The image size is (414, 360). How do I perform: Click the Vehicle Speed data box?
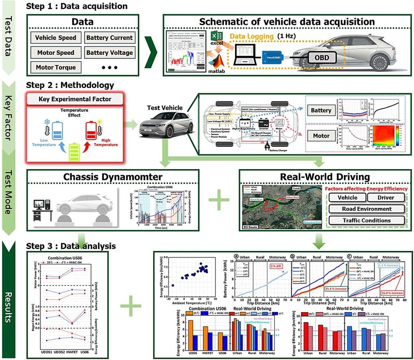click(55, 38)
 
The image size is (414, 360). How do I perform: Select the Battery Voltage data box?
click(109, 52)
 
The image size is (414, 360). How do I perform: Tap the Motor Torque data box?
click(55, 67)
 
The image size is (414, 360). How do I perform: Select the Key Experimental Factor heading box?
click(75, 99)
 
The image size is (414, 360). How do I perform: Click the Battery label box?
click(320, 110)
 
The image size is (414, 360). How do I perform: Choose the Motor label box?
click(320, 136)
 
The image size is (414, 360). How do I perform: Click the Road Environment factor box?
click(367, 209)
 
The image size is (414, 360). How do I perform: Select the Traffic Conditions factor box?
click(367, 220)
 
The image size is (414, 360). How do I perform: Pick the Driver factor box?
click(386, 197)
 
